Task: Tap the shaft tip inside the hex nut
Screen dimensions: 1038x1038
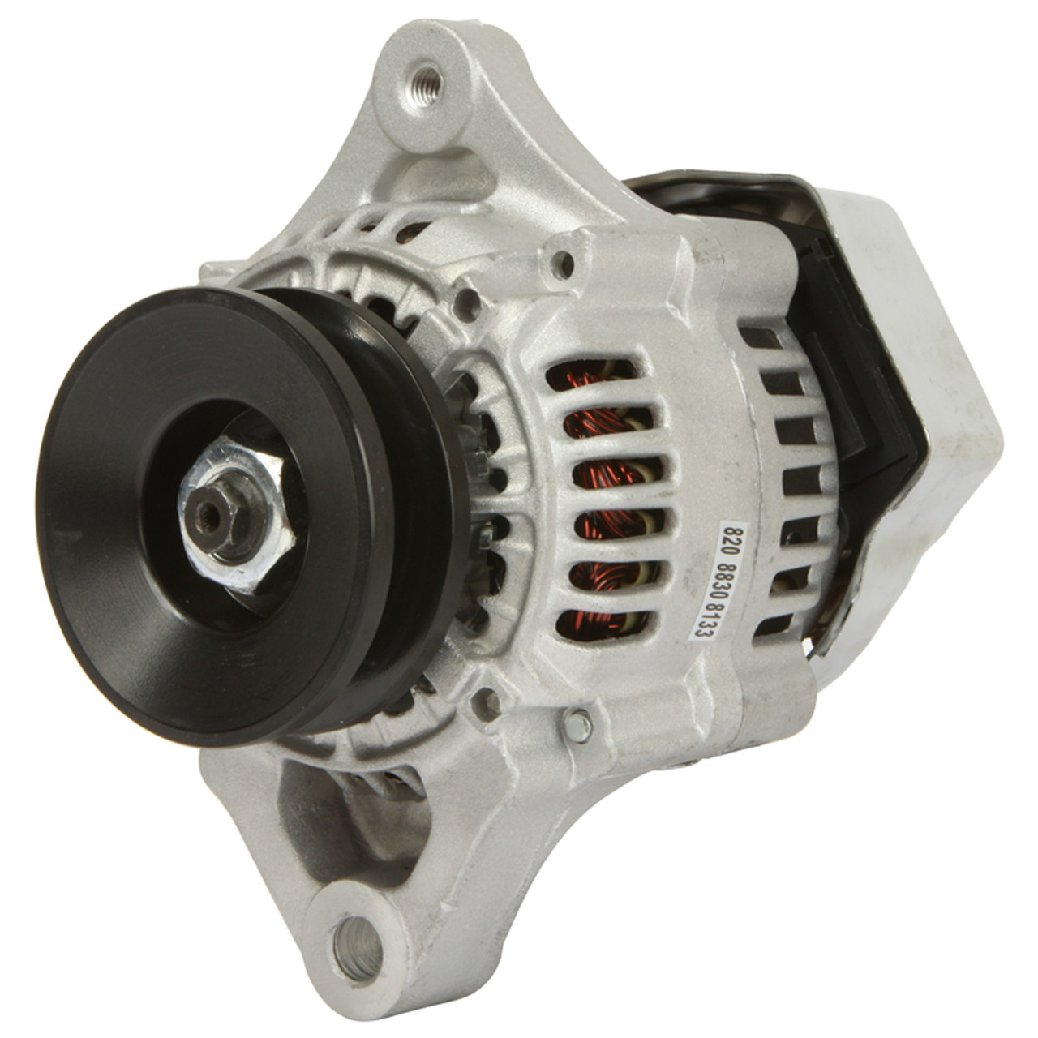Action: click(212, 512)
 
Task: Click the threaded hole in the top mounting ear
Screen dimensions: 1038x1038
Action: click(425, 80)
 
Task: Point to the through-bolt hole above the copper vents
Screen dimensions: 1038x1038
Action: click(560, 261)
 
